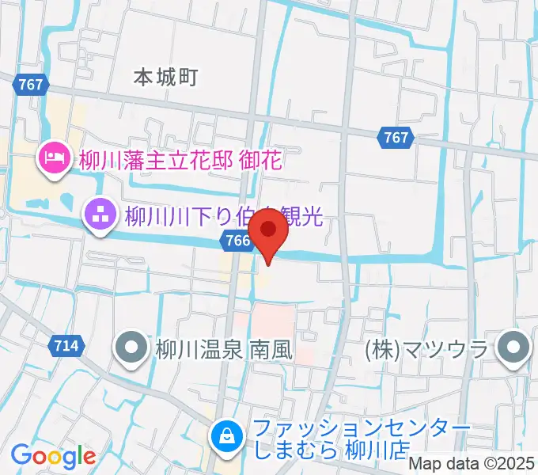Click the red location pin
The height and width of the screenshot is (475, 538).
pyautogui.click(x=268, y=232)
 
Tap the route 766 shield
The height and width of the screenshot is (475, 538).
pyautogui.click(x=234, y=241)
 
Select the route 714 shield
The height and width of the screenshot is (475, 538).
pyautogui.click(x=67, y=345)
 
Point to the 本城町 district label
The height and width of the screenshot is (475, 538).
pyautogui.click(x=165, y=78)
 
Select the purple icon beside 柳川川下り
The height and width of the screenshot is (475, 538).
pyautogui.click(x=100, y=214)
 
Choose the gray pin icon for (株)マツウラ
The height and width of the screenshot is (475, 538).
pyautogui.click(x=514, y=347)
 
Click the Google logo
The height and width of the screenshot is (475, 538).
pyautogui.click(x=53, y=455)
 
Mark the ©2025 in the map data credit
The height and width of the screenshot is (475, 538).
pyautogui.click(x=506, y=464)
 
